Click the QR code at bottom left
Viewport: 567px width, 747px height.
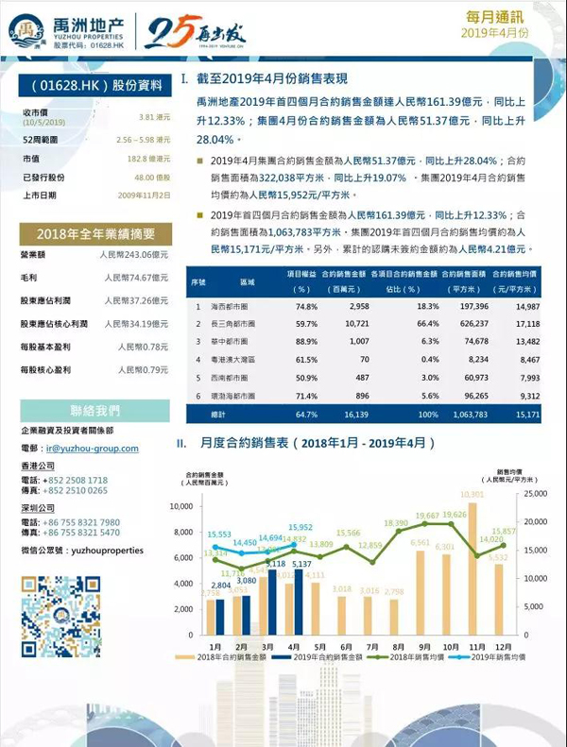click(60, 613)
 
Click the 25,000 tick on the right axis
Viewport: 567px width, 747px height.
click(533, 493)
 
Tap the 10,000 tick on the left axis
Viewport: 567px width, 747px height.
click(179, 507)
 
